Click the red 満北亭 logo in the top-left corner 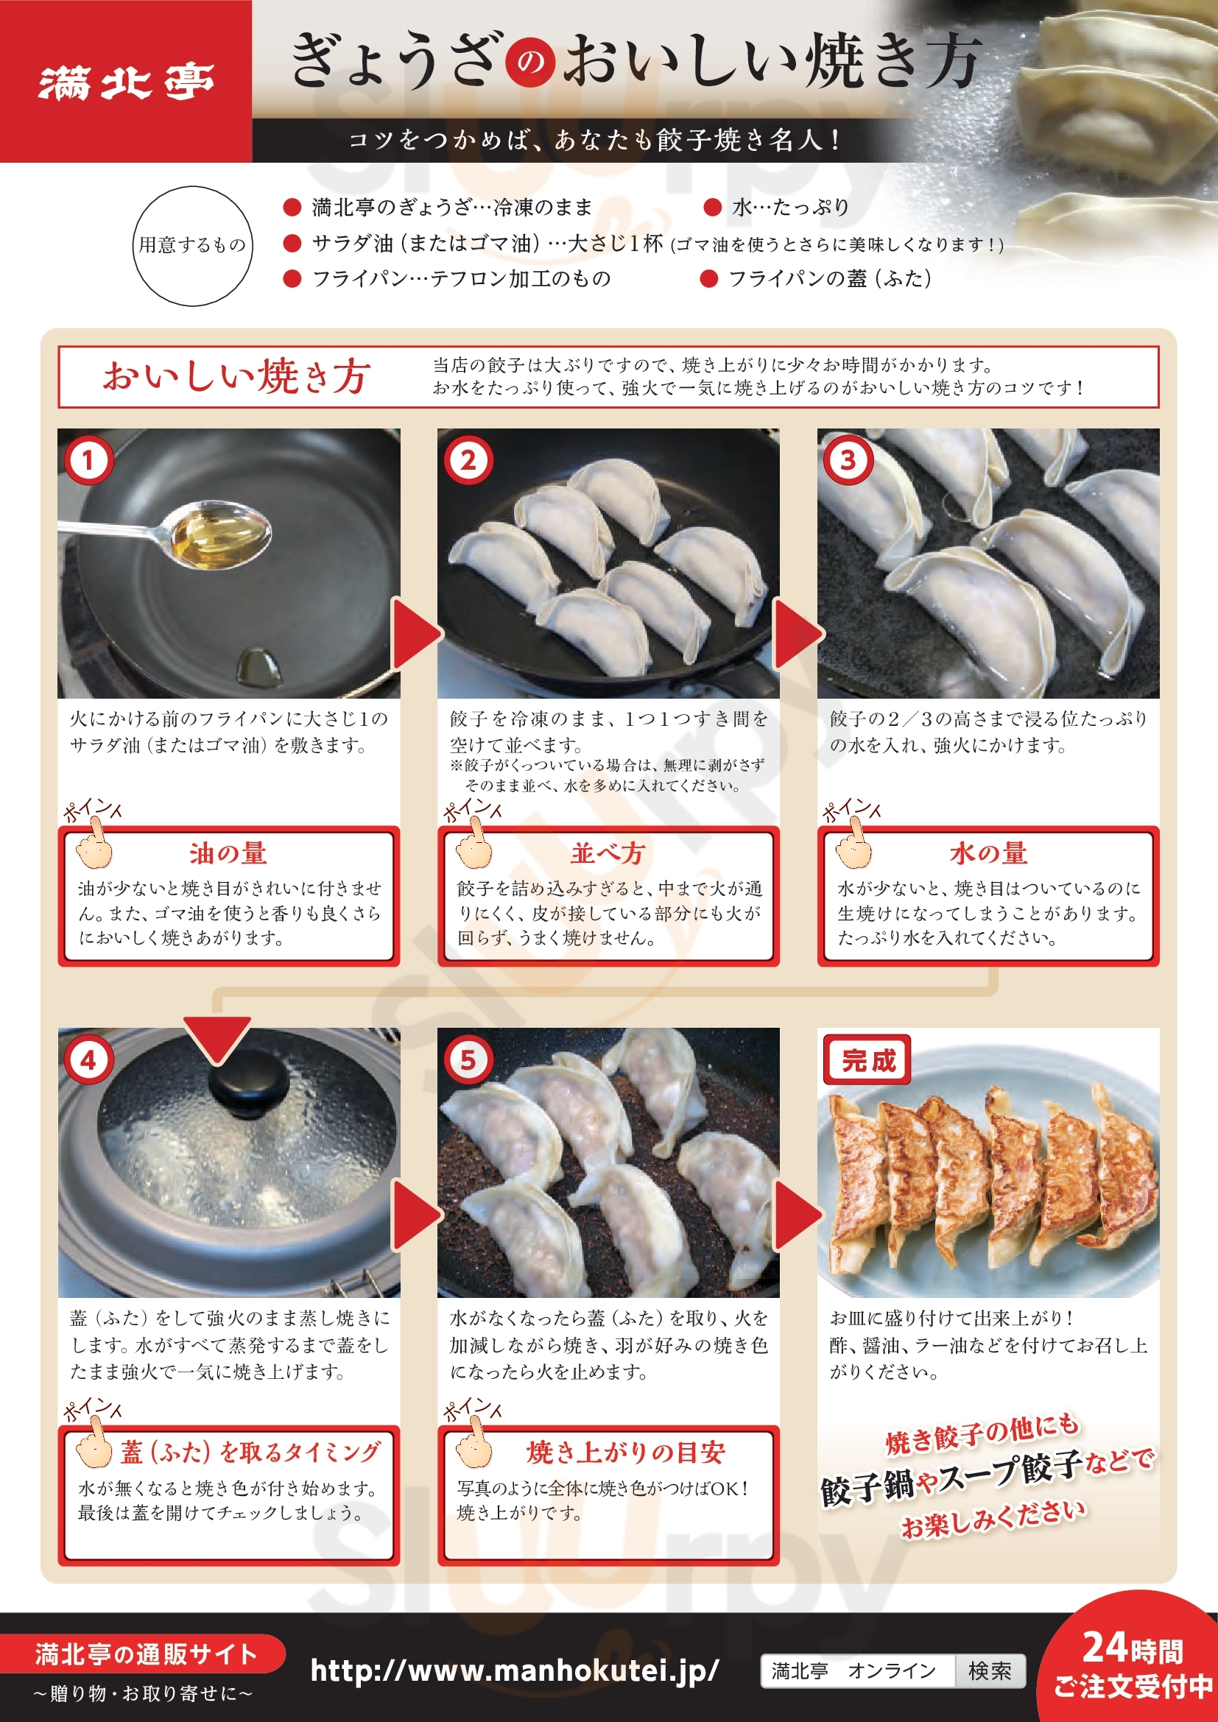pyautogui.click(x=126, y=81)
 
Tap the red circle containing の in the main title pyautogui.click(x=530, y=63)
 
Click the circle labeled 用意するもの pyautogui.click(x=192, y=246)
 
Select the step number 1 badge pyautogui.click(x=88, y=459)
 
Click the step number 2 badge pyautogui.click(x=469, y=459)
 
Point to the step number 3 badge pyautogui.click(x=848, y=459)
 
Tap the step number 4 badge pyautogui.click(x=88, y=1059)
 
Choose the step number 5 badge pyautogui.click(x=469, y=1059)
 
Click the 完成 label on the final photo pyautogui.click(x=867, y=1059)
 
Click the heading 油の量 pyautogui.click(x=228, y=853)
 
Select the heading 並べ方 pyautogui.click(x=608, y=853)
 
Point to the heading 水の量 pyautogui.click(x=988, y=853)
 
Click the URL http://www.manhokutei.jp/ pyautogui.click(x=515, y=1670)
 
